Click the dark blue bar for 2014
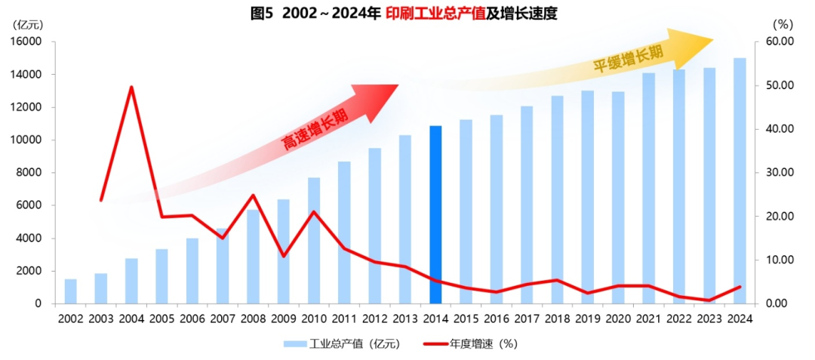(x=435, y=215)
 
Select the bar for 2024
(x=740, y=181)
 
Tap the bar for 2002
(x=70, y=291)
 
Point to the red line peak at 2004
(x=131, y=87)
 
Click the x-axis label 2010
(x=314, y=318)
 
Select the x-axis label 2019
(x=587, y=318)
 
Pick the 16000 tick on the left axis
(x=27, y=42)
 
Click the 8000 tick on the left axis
(x=30, y=173)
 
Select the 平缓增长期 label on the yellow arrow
(x=627, y=59)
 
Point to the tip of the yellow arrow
(x=712, y=39)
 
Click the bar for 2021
(x=648, y=189)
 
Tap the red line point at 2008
(x=253, y=195)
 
